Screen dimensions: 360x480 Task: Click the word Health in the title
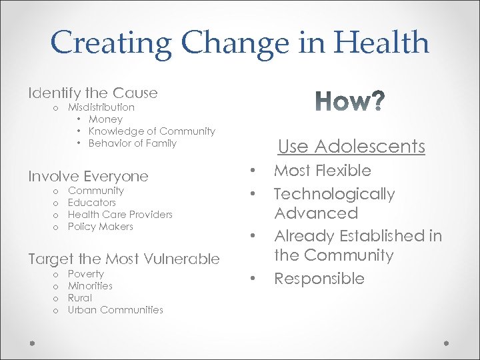pyautogui.click(x=381, y=43)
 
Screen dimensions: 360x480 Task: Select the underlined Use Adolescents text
pyautogui.click(x=351, y=147)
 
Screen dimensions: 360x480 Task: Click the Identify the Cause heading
pyautogui.click(x=93, y=93)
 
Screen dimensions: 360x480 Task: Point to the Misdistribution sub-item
pyautogui.click(x=101, y=107)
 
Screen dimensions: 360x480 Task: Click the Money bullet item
pyautogui.click(x=105, y=119)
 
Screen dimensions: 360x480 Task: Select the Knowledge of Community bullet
pyautogui.click(x=151, y=131)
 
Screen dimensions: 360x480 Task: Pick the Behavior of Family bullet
pyautogui.click(x=132, y=143)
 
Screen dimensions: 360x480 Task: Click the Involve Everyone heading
pyautogui.click(x=88, y=176)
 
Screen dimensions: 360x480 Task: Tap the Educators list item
pyautogui.click(x=91, y=203)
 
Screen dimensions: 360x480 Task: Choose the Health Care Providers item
pyautogui.click(x=120, y=215)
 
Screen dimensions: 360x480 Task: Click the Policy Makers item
pyautogui.click(x=100, y=227)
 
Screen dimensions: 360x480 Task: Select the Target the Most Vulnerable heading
pyautogui.click(x=123, y=259)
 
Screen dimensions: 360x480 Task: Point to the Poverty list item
pyautogui.click(x=85, y=274)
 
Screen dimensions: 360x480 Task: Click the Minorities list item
pyautogui.click(x=90, y=286)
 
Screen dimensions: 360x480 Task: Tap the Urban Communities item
pyautogui.click(x=115, y=310)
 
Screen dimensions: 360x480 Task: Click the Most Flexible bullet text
pyautogui.click(x=323, y=171)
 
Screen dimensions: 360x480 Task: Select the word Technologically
pyautogui.click(x=334, y=194)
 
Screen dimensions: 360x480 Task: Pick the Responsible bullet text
pyautogui.click(x=319, y=279)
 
